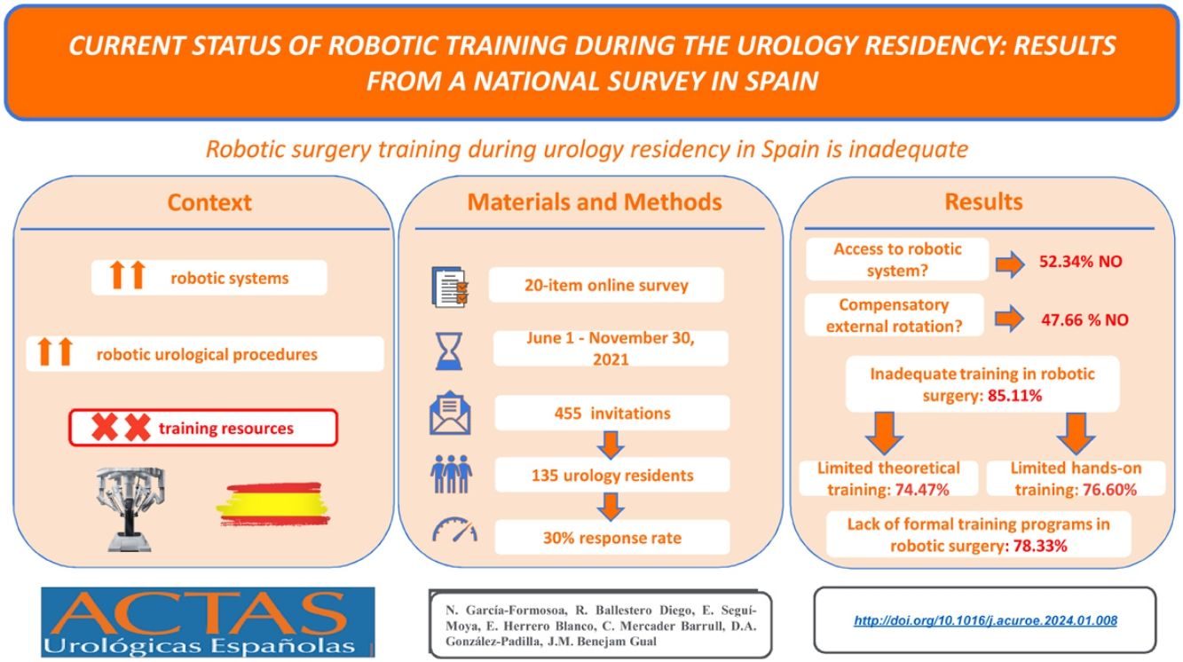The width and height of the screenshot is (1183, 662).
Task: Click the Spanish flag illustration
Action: [x=273, y=504]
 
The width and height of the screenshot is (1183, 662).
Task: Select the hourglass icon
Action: [x=449, y=351]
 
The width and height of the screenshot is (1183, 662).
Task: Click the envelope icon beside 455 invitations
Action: [x=450, y=413]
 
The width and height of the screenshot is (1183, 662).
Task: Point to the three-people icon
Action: [x=451, y=474]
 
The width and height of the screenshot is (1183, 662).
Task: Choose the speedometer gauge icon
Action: [x=454, y=530]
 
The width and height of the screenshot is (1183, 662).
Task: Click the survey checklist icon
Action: [x=449, y=287]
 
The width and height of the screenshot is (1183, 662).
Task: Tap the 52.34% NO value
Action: [x=1081, y=261]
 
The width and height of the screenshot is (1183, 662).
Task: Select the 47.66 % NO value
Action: [x=1084, y=319]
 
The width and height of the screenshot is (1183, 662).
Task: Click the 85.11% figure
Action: [x=1014, y=396]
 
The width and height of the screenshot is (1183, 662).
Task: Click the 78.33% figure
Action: [x=1040, y=546]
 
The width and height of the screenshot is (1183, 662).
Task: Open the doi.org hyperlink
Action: [x=985, y=620]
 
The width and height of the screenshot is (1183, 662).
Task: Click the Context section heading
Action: [x=209, y=202]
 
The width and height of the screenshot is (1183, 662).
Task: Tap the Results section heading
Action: [x=983, y=201]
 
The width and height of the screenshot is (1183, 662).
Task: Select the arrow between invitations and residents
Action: [x=611, y=445]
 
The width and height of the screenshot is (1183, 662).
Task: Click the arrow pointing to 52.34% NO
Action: [x=1010, y=264]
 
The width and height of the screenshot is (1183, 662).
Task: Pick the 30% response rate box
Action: [x=612, y=538]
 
